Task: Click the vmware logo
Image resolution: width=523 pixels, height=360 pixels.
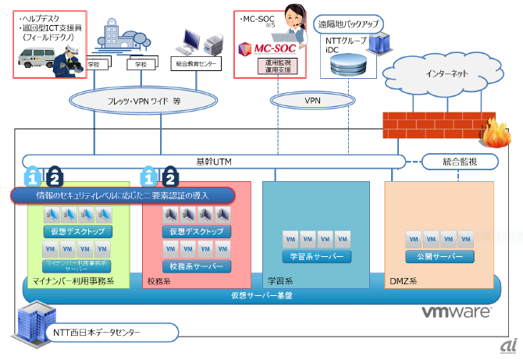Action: pyautogui.click(x=457, y=312)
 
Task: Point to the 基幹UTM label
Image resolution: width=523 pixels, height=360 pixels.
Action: pyautogui.click(x=212, y=162)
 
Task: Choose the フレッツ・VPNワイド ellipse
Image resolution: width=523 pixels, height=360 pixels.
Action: pyautogui.click(x=149, y=101)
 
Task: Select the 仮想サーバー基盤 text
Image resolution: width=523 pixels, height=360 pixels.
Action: pyautogui.click(x=261, y=295)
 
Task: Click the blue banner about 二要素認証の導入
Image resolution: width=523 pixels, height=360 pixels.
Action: pyautogui.click(x=123, y=194)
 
